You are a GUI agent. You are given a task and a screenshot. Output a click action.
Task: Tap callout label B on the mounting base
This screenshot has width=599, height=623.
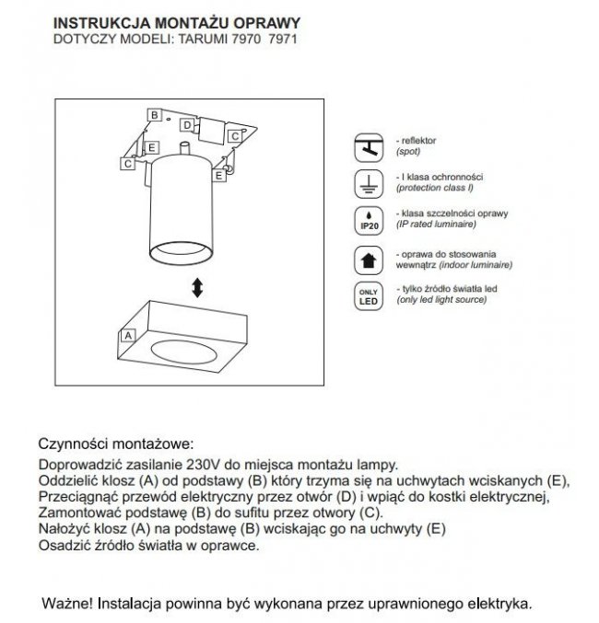click(x=156, y=115)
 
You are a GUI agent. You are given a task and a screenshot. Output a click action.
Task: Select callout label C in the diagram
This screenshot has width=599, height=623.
click(x=234, y=135)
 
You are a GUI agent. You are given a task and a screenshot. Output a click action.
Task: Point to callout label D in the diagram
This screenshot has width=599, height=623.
click(x=187, y=124)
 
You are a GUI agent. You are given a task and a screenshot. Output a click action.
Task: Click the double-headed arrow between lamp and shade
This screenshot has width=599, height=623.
click(x=196, y=288)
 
